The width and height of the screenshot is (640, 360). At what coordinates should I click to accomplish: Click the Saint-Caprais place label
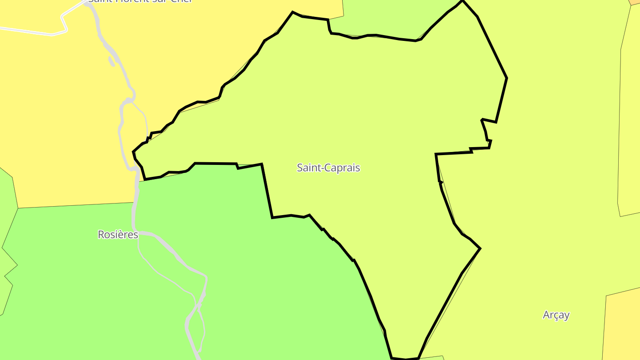click(328, 168)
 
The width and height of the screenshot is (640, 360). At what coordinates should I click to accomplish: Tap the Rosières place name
click(118, 235)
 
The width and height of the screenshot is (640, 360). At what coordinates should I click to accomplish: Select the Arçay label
click(556, 315)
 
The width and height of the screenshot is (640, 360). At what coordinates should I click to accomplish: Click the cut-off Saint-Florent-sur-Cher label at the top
click(140, 1)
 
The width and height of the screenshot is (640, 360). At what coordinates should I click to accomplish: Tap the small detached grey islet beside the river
click(111, 61)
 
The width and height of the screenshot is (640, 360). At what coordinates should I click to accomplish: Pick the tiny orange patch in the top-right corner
click(636, 2)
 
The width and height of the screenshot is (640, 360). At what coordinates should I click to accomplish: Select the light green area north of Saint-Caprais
click(391, 18)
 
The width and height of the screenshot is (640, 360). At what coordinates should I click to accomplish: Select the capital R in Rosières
click(101, 235)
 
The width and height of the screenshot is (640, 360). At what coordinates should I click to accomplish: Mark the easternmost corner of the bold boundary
click(507, 79)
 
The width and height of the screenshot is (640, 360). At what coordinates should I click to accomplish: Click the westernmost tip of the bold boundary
click(133, 152)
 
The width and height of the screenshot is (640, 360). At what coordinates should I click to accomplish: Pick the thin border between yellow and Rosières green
click(76, 205)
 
